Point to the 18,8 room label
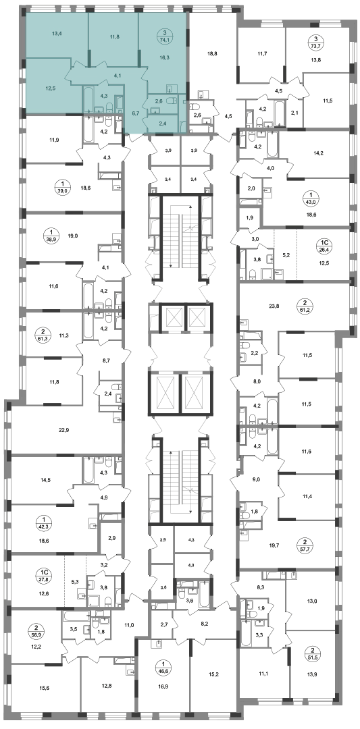212,53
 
